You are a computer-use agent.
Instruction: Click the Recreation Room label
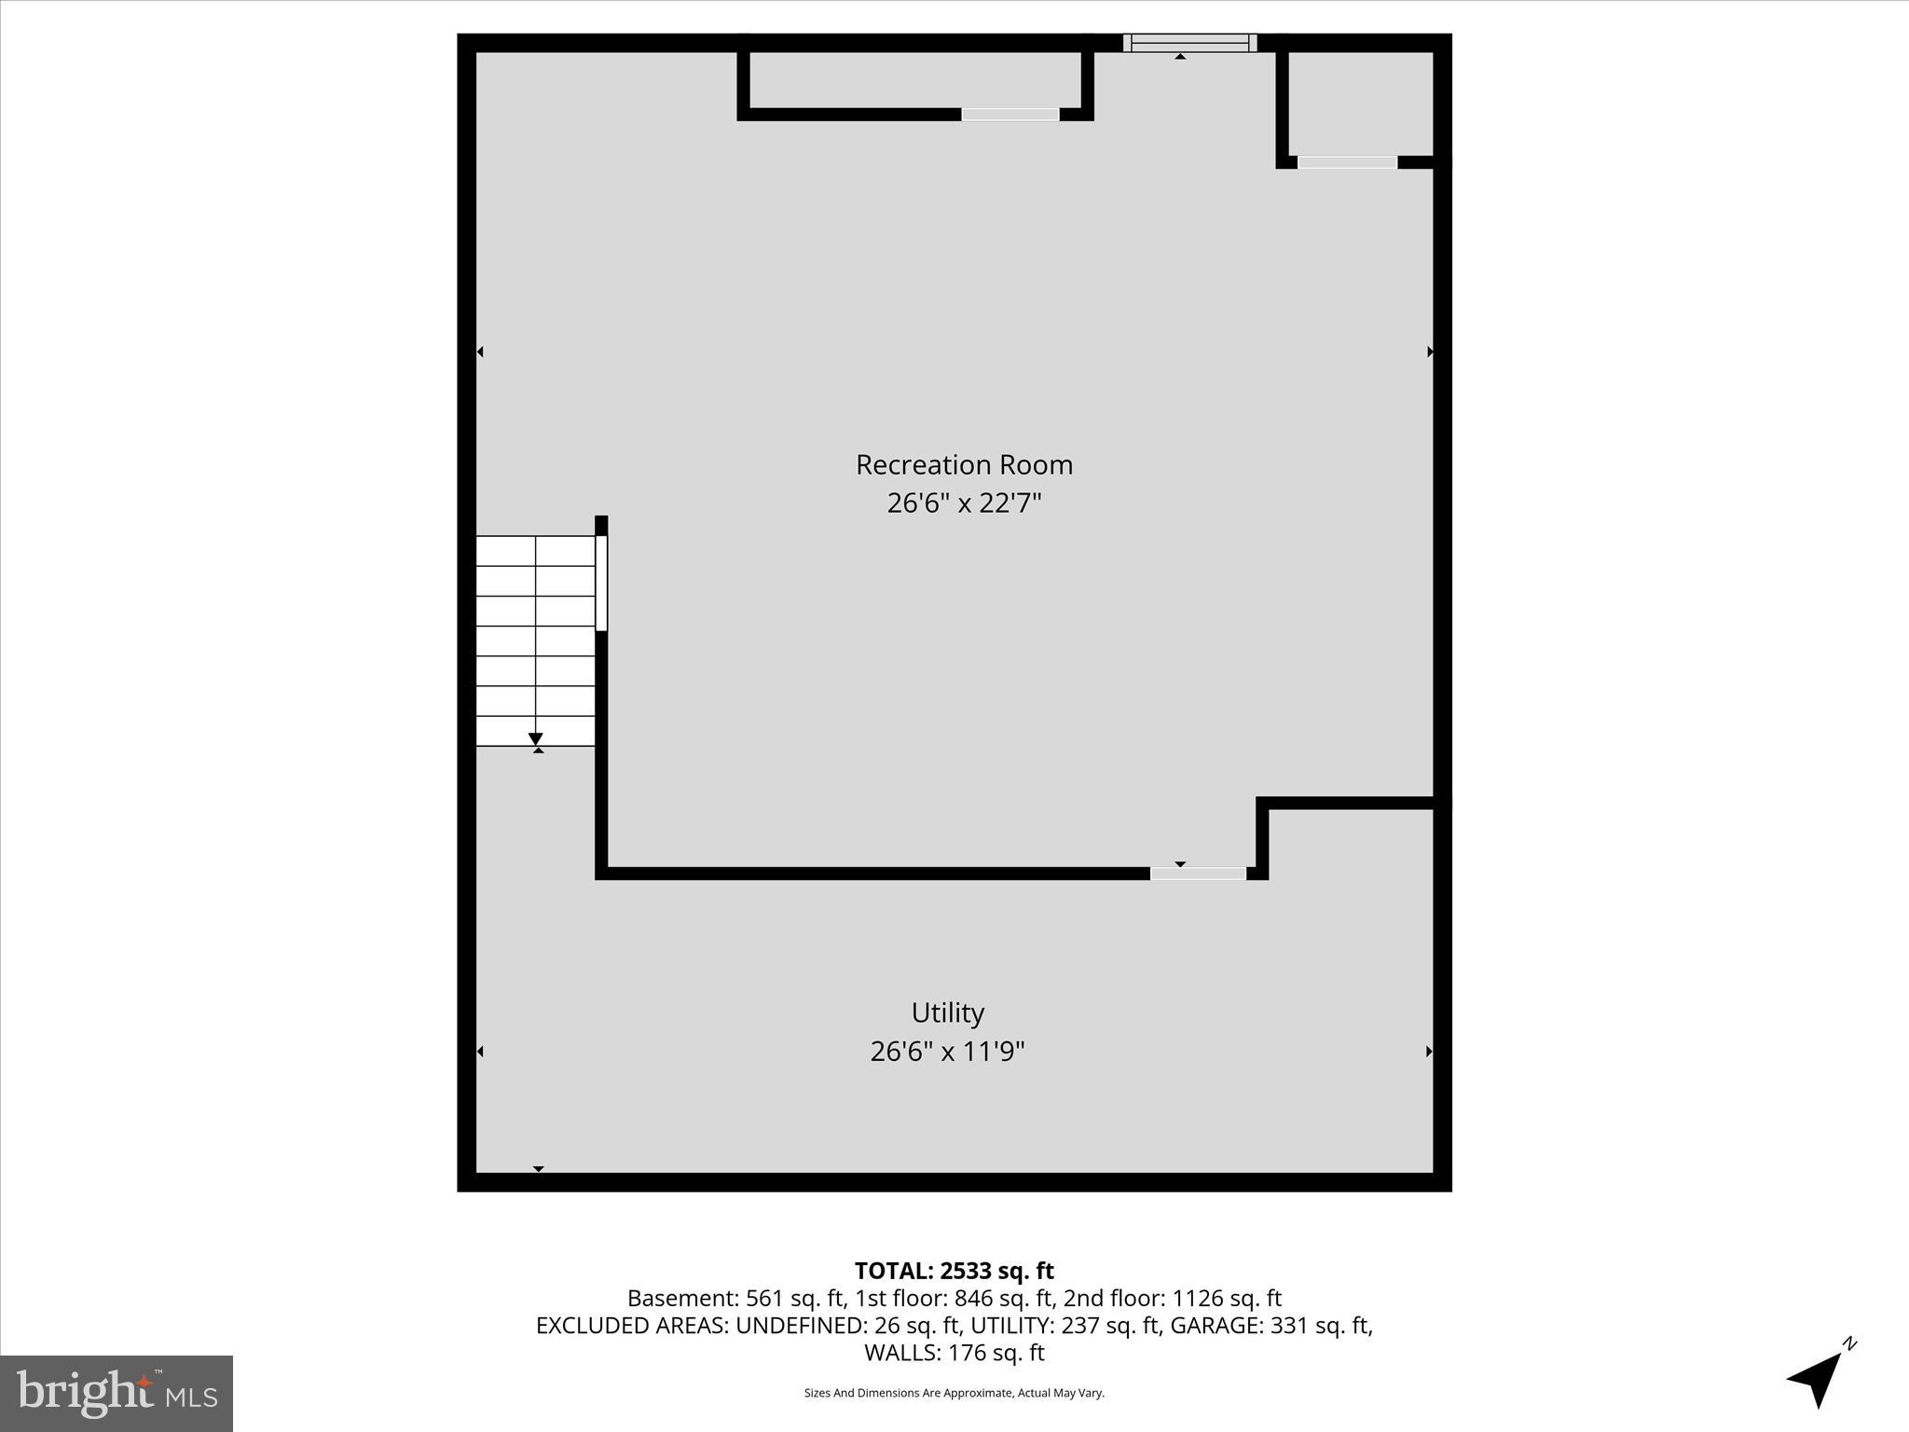coord(964,464)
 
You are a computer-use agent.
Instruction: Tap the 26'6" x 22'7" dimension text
coord(964,503)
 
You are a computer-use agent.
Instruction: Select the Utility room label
coord(947,1012)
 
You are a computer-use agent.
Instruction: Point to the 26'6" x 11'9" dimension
coord(947,1052)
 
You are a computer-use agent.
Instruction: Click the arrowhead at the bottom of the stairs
coord(536,739)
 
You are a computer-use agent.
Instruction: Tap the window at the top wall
coord(1189,43)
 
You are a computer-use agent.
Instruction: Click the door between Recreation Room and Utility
coord(1198,874)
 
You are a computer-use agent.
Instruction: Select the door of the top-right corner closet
coord(1347,162)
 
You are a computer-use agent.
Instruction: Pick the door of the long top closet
coord(1010,115)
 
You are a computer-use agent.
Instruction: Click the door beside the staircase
coord(601,584)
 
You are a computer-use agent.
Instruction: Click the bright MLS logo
coord(117,1393)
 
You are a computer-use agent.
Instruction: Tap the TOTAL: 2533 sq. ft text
coord(954,1271)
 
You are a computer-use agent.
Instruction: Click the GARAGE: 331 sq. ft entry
coord(1270,1325)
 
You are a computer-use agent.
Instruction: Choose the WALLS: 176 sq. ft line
coord(954,1352)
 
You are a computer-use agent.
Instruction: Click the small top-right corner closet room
coord(1361,103)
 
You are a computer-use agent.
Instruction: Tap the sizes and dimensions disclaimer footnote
coord(954,1393)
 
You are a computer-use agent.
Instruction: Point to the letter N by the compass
coord(1850,1343)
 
